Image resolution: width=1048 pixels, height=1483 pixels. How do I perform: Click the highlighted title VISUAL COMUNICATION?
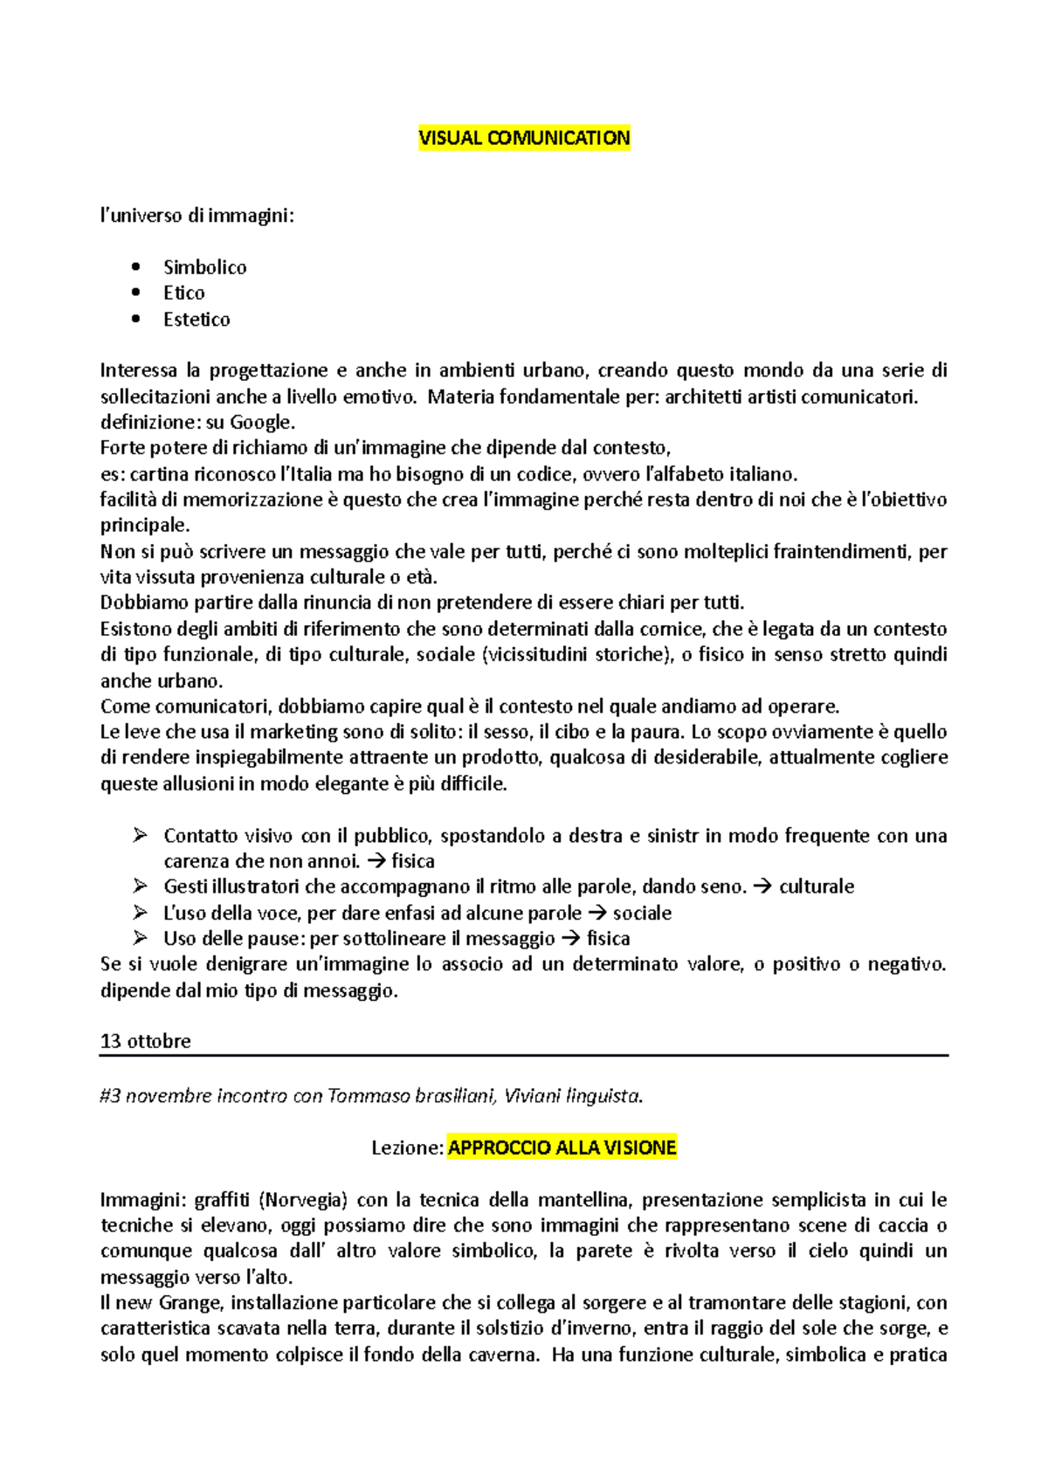tap(524, 138)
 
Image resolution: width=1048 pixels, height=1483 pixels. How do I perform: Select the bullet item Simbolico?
tap(204, 267)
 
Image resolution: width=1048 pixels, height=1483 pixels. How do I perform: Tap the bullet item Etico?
tap(183, 293)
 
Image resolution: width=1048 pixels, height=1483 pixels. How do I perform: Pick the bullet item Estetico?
tap(196, 320)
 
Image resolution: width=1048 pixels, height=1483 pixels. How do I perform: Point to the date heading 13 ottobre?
tap(145, 1041)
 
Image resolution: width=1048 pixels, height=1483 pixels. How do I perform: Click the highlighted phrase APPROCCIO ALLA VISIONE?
tap(562, 1148)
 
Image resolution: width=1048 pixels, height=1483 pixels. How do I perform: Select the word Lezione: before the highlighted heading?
tap(408, 1148)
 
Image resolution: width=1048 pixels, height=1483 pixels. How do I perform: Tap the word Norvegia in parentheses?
tap(303, 1200)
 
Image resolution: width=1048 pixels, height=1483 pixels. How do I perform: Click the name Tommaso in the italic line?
tap(363, 1096)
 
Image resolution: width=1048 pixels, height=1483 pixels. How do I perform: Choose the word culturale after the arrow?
tap(817, 886)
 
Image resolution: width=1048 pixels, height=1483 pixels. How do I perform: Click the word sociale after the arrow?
tap(642, 914)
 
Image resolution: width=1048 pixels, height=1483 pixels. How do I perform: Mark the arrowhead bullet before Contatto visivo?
tap(140, 836)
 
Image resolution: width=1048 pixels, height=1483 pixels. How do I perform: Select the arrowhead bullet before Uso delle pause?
tap(140, 939)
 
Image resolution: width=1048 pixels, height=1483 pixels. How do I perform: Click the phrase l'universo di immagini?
tap(197, 216)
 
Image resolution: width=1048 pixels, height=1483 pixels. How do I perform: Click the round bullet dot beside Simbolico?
tap(135, 267)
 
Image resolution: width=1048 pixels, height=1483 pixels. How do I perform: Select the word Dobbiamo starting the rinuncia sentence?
tap(136, 603)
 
